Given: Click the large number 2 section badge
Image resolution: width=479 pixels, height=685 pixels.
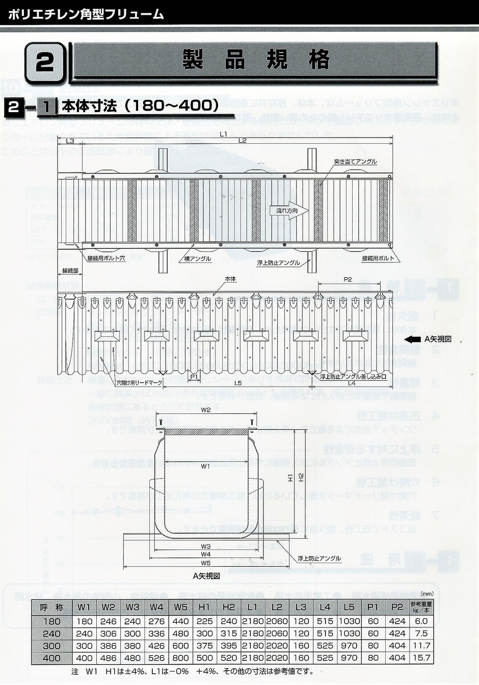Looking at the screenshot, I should click(45, 64).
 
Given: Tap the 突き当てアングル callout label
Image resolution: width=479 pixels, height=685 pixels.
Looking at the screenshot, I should click(356, 162).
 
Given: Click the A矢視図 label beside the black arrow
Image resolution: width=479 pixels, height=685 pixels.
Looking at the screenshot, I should click(438, 339).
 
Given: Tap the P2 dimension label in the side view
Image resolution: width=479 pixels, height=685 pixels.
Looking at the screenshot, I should click(348, 279).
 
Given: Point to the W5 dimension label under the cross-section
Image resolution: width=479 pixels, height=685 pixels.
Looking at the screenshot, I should click(206, 563).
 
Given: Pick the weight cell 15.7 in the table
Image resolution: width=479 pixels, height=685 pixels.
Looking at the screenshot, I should click(422, 658).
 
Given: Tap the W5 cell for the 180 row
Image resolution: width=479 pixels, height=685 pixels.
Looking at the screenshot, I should click(180, 621).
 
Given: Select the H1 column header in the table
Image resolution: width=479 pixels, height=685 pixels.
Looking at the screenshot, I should click(205, 607).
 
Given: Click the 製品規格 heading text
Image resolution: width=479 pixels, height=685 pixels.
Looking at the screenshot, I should click(256, 61).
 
